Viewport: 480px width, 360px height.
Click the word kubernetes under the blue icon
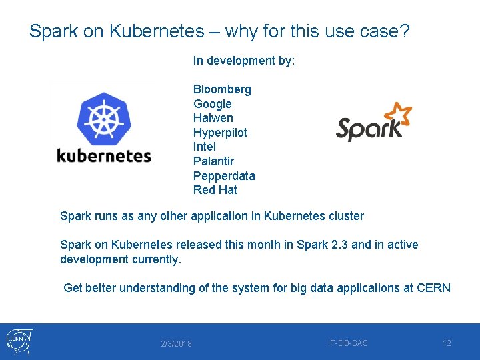tap(104, 156)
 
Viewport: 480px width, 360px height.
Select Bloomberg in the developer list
tap(222, 89)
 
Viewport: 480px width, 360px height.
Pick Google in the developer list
tap(212, 104)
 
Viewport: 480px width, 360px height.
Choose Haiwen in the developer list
tap(213, 118)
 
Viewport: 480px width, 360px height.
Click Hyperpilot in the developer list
tap(220, 133)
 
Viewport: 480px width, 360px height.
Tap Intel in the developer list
tap(204, 147)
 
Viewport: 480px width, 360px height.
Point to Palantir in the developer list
tap(213, 161)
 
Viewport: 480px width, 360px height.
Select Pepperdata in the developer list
tap(224, 176)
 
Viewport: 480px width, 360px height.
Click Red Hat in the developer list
tap(215, 190)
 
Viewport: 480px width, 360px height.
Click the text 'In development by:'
tap(244, 61)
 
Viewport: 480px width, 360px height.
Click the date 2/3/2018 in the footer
tap(176, 344)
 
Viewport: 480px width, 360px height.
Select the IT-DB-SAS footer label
tap(347, 343)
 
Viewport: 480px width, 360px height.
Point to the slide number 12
tap(447, 343)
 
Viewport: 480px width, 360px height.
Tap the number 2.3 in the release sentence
tap(339, 245)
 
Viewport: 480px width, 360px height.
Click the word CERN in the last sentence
tap(433, 288)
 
